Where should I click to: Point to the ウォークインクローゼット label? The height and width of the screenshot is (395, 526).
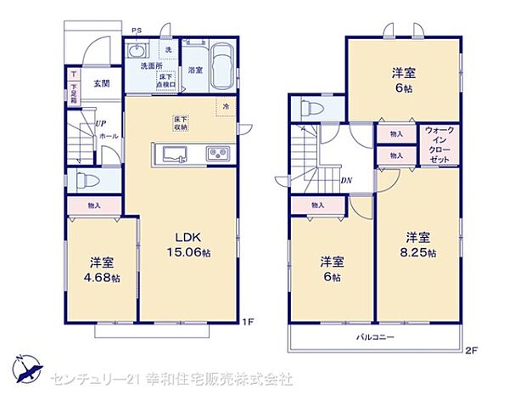point(439,145)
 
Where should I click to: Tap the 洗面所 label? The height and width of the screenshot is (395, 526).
point(151,66)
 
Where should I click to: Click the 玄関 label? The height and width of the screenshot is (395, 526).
point(101,82)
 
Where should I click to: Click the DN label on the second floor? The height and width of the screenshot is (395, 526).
point(346,180)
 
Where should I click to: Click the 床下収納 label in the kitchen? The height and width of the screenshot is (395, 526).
point(180,123)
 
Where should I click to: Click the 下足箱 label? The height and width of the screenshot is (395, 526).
point(75,93)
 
